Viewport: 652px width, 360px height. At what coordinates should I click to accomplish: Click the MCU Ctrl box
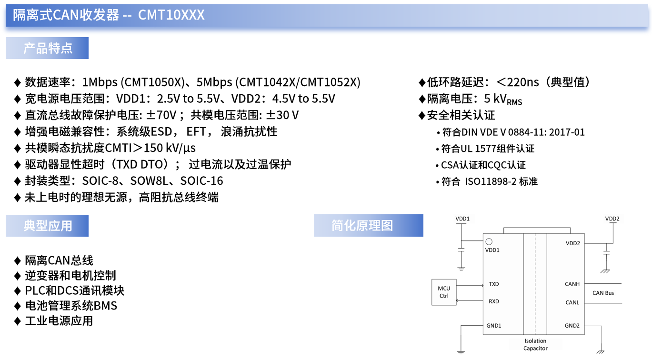pyautogui.click(x=444, y=292)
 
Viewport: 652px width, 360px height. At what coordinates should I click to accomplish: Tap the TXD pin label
pyautogui.click(x=493, y=284)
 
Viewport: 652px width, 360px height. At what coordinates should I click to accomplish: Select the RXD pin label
pyautogui.click(x=493, y=301)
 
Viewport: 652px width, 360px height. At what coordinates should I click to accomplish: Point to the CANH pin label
pyautogui.click(x=572, y=284)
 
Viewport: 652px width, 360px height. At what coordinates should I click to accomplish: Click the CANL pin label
pyautogui.click(x=572, y=302)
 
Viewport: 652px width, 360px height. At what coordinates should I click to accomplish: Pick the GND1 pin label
pyautogui.click(x=493, y=326)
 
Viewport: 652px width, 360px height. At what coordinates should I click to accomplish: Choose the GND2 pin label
pyautogui.click(x=572, y=326)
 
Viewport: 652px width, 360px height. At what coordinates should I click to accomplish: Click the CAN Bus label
pyautogui.click(x=603, y=293)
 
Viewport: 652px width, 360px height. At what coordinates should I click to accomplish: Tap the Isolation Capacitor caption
pyautogui.click(x=535, y=344)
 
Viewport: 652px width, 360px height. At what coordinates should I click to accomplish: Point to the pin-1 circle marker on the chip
pyautogui.click(x=489, y=242)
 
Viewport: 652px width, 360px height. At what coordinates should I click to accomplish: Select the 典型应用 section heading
pyautogui.click(x=47, y=226)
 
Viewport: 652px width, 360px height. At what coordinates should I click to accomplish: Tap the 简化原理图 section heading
pyautogui.click(x=362, y=226)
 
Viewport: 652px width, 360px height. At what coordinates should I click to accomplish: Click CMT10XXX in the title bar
pyautogui.click(x=171, y=15)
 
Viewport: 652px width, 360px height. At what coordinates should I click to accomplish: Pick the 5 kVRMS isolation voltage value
pyautogui.click(x=502, y=99)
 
